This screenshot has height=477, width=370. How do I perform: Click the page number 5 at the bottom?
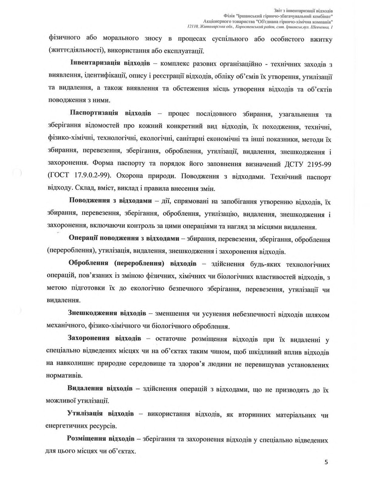coord(326,462)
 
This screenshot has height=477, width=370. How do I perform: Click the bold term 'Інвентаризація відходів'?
coord(110,64)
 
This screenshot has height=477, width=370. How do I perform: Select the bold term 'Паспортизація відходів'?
coord(110,114)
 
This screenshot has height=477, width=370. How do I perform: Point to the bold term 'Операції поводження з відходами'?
coord(124,238)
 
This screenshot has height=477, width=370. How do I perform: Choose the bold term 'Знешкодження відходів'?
coord(107,313)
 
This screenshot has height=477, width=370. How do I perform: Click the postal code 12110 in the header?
coord(193,28)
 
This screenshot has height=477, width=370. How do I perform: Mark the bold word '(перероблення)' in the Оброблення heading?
coord(139,263)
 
